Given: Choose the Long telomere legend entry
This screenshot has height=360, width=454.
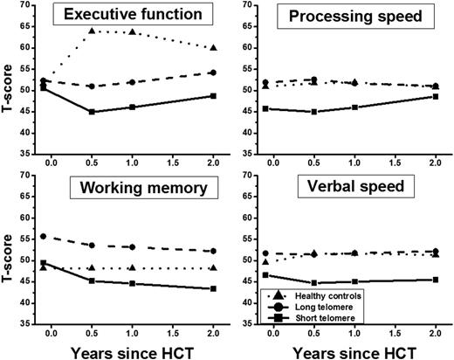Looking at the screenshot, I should pos(311,308).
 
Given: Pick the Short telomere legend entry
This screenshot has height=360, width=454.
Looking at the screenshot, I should pos(311,320).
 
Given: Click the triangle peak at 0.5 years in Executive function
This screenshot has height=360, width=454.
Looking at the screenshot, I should pos(92,31).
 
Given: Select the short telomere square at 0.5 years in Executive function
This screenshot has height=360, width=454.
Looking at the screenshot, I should pos(92,112).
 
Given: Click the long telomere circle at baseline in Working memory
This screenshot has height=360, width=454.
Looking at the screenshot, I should pos(44,237).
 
